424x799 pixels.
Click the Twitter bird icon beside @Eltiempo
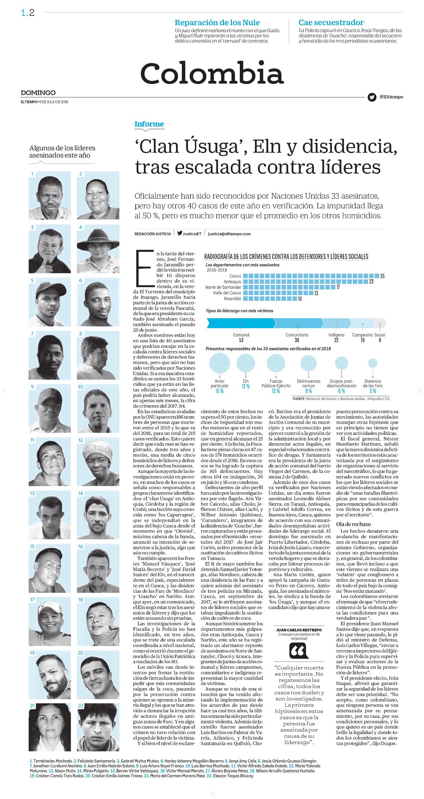pos(372,97)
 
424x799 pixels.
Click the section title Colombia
pos(212,73)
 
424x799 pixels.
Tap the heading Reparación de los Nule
pos(217,23)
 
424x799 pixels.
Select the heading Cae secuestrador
pos(331,23)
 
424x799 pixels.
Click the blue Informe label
pos(149,124)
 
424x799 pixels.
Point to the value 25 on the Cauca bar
pos(382,276)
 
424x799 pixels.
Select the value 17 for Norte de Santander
pos(338,287)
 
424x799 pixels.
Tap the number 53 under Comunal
pos(241,340)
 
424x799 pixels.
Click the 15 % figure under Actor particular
pos(219,391)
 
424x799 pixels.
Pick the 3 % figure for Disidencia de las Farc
pos(373,391)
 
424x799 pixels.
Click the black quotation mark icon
pos(299,651)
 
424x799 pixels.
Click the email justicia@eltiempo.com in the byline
pos(229,234)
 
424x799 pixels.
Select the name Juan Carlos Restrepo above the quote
pos(299,630)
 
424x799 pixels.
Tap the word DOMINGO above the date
pos(38,93)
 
